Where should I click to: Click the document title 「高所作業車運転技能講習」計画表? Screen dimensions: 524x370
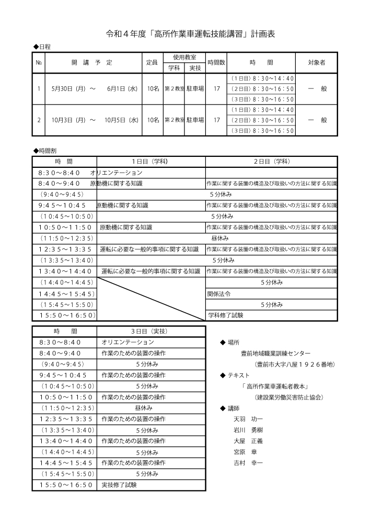click(x=190, y=35)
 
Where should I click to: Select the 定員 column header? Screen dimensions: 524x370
click(x=152, y=62)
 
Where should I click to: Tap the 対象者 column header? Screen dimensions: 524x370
click(x=317, y=62)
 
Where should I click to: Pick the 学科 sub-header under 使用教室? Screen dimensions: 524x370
click(x=174, y=68)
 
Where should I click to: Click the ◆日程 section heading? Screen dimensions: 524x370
click(x=42, y=47)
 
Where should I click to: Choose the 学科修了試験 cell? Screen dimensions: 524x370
click(x=225, y=315)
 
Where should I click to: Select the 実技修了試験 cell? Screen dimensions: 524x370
click(x=119, y=485)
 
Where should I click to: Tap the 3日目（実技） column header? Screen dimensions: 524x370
click(x=151, y=331)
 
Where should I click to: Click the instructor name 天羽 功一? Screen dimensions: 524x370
click(x=248, y=419)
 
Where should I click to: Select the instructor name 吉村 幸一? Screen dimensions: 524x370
click(x=248, y=463)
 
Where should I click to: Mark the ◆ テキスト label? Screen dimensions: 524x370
click(x=235, y=375)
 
